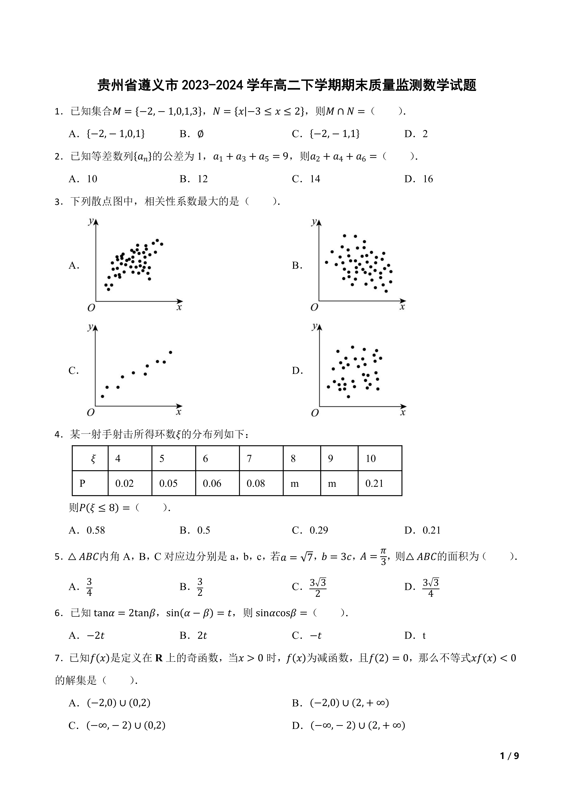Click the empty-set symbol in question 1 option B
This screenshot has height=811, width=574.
tap(200, 134)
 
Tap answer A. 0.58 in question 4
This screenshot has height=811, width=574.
tap(87, 530)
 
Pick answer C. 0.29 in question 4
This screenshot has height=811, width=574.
tap(310, 530)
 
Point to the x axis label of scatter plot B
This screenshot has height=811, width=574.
tap(402, 307)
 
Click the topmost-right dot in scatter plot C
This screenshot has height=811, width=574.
tap(170, 352)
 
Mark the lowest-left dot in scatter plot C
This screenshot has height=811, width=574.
tap(103, 396)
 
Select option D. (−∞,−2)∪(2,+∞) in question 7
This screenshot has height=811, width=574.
tap(348, 725)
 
